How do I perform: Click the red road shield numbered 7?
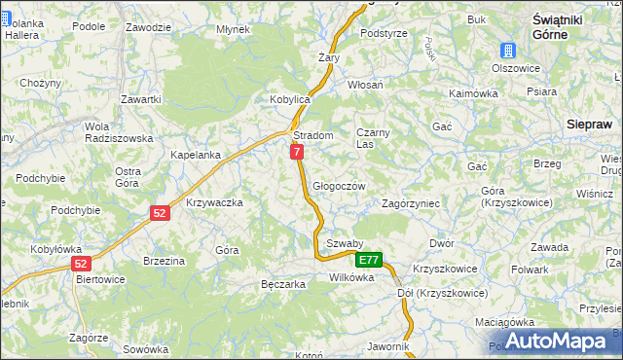point(297,152)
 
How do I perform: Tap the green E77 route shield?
point(368,260)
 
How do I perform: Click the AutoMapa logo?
point(554,341)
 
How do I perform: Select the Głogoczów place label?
point(339,186)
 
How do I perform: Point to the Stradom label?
point(313,136)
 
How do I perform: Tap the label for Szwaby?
point(345,243)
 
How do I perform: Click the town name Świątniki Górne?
point(559,27)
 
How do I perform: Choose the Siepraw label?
point(589,125)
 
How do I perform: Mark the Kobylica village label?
point(289,100)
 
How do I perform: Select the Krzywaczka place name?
point(213,202)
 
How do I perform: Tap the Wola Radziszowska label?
point(118,132)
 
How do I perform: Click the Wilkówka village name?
point(351,277)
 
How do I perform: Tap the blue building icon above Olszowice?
point(508,52)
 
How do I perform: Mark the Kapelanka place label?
point(196,155)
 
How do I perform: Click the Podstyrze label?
point(384,33)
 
